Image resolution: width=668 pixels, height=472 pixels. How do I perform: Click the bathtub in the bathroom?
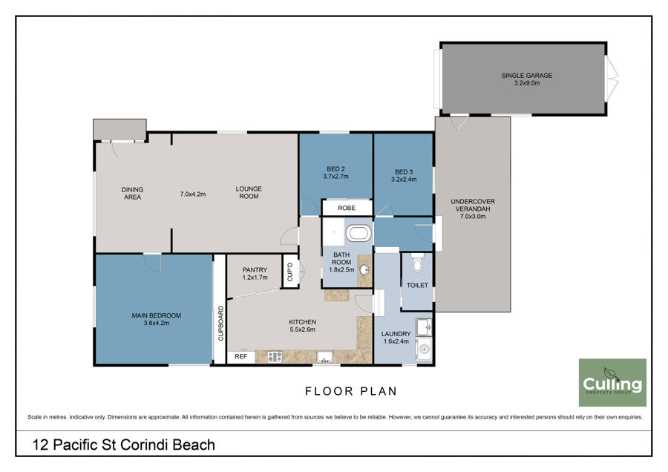point(358,234)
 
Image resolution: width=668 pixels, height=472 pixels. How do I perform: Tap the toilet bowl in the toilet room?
point(417,263)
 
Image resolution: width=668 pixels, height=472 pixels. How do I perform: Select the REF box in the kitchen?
point(240,356)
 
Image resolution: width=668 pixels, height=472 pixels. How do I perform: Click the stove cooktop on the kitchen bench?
point(275,356)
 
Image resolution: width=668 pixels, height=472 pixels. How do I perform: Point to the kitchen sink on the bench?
point(324,356)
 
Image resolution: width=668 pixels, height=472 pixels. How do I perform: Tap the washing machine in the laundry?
point(424,350)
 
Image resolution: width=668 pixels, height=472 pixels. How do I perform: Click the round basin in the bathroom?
point(364,269)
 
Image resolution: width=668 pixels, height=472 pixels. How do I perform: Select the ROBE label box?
point(347,208)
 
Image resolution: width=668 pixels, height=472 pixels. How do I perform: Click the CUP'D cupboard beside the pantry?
point(290,272)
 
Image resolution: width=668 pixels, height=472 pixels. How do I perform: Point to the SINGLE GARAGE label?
point(526,76)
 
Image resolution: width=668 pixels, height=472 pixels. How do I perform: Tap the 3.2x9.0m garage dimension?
point(526,83)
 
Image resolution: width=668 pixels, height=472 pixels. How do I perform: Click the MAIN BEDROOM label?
point(157,315)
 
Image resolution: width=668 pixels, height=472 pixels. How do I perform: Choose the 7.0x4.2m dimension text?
point(192,194)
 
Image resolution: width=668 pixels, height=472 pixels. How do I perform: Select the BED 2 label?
point(335,169)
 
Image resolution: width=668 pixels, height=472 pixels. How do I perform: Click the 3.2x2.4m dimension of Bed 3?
point(404,180)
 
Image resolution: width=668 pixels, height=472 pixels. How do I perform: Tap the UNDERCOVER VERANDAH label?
point(473,206)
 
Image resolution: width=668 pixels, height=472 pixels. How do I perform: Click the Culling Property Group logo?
point(612,382)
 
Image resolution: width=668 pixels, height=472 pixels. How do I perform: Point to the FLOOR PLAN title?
point(351,391)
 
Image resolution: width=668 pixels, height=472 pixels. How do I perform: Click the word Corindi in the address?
point(143,445)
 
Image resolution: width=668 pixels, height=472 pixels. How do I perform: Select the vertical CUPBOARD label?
point(220,324)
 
